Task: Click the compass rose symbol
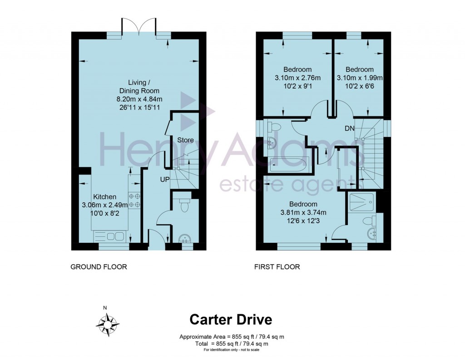[x=108, y=323]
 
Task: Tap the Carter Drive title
[x=231, y=320]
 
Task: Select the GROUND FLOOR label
[x=99, y=267]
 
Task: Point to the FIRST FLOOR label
[x=277, y=267]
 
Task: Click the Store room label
[x=185, y=140]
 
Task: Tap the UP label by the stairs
[x=164, y=180]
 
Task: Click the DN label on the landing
[x=349, y=129]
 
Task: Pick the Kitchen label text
[x=105, y=196]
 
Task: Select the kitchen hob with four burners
[x=134, y=200]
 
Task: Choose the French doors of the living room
[x=139, y=27]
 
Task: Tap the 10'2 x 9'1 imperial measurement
[x=297, y=85]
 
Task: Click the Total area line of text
[x=232, y=344]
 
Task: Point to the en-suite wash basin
[x=371, y=233]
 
